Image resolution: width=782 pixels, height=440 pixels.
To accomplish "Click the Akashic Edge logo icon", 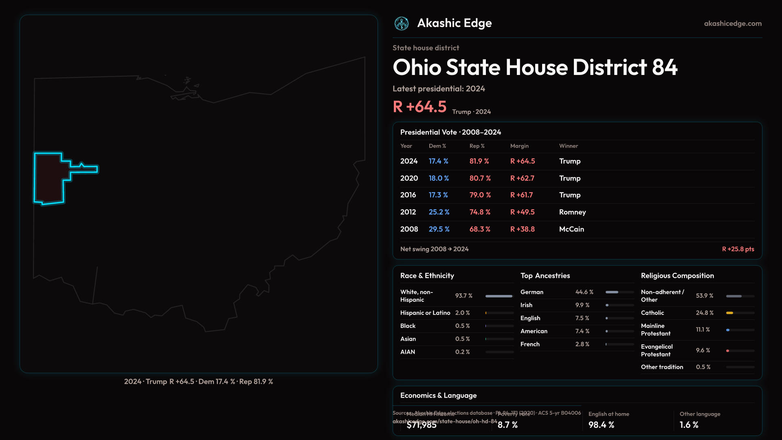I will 402,24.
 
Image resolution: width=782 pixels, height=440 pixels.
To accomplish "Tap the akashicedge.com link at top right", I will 733,24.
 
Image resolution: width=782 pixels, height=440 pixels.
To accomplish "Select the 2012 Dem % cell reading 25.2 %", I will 439,212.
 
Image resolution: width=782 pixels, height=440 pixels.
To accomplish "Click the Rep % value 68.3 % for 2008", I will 480,229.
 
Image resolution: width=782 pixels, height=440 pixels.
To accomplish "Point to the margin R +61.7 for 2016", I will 521,195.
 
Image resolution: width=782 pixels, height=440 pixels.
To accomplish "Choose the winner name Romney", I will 572,212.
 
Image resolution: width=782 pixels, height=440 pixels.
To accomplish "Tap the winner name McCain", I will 571,229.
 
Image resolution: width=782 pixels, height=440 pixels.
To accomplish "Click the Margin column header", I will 519,146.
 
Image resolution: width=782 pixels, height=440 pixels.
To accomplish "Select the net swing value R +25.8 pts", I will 738,249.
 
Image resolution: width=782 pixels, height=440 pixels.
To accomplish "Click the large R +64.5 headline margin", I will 420,107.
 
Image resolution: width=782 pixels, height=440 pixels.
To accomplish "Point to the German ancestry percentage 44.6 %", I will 584,292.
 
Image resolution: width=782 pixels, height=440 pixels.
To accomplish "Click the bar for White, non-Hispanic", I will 499,296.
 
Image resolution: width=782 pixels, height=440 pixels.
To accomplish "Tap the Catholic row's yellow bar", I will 729,313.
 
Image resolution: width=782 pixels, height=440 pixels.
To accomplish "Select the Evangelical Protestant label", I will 657,350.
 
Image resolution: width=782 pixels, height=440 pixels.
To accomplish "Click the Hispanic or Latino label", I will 425,313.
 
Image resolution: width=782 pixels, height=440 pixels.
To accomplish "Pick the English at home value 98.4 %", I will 601,425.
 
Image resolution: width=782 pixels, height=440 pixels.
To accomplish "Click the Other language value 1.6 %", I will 689,425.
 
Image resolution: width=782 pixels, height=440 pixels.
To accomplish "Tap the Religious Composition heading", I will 677,276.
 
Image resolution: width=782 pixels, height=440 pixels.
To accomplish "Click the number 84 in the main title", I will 665,67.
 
